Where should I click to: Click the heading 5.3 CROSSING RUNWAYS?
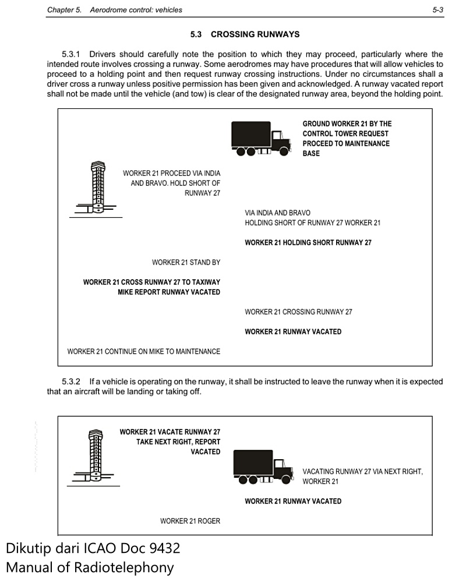pyautogui.click(x=245, y=34)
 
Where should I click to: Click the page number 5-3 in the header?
pyautogui.click(x=438, y=10)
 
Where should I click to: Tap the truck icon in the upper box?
pyautogui.click(x=260, y=139)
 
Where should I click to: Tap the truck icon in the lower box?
pyautogui.click(x=263, y=467)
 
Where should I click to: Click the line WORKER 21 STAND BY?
pyautogui.click(x=186, y=263)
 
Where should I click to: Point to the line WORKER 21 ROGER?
pyautogui.click(x=190, y=521)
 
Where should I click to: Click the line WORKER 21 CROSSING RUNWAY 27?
pyautogui.click(x=298, y=312)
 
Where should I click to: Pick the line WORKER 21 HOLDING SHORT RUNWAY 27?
pyautogui.click(x=308, y=242)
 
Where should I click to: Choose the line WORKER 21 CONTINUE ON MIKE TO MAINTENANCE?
pyautogui.click(x=143, y=351)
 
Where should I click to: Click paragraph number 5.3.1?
pyautogui.click(x=71, y=54)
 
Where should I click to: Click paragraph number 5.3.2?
pyautogui.click(x=71, y=382)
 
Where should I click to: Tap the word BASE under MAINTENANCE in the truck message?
pyautogui.click(x=311, y=153)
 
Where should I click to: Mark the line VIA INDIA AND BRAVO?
pyautogui.click(x=277, y=213)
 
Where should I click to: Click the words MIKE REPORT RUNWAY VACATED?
pyautogui.click(x=168, y=292)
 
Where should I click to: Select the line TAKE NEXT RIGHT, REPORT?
pyautogui.click(x=178, y=442)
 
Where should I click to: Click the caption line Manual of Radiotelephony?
pyautogui.click(x=90, y=566)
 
